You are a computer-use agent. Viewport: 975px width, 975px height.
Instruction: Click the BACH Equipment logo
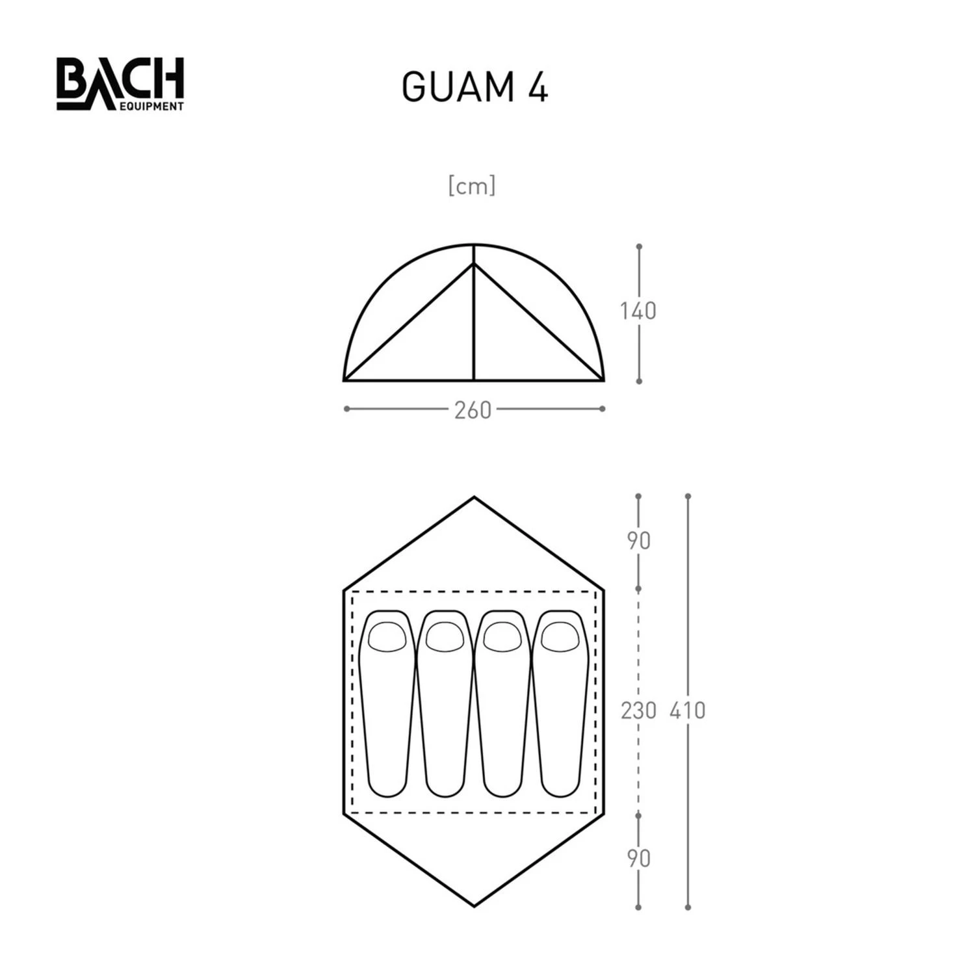[120, 84]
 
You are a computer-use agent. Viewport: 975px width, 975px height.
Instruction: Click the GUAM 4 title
[474, 87]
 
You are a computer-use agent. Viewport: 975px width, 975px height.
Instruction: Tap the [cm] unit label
[472, 186]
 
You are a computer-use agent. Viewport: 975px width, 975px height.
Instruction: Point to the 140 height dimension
[638, 311]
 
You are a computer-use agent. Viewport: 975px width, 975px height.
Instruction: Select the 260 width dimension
[473, 410]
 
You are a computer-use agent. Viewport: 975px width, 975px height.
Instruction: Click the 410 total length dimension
[687, 710]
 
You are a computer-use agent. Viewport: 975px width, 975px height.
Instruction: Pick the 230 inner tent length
[638, 710]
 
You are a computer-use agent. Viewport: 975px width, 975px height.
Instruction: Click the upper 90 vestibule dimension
[638, 541]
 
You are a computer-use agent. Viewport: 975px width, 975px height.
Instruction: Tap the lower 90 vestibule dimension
[638, 859]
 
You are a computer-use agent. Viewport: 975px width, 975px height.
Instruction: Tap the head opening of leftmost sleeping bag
[387, 636]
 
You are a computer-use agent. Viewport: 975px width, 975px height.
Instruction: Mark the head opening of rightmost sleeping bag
[560, 636]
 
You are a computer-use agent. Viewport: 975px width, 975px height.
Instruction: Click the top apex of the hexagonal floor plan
[474, 498]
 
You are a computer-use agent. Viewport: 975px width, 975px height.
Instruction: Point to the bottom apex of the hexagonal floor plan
[474, 905]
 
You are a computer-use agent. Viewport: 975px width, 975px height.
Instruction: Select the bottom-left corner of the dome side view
[344, 380]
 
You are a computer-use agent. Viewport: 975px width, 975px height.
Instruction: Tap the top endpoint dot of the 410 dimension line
[688, 497]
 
